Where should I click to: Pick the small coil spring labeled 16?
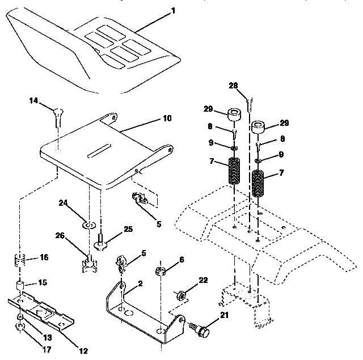coord(20,263)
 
